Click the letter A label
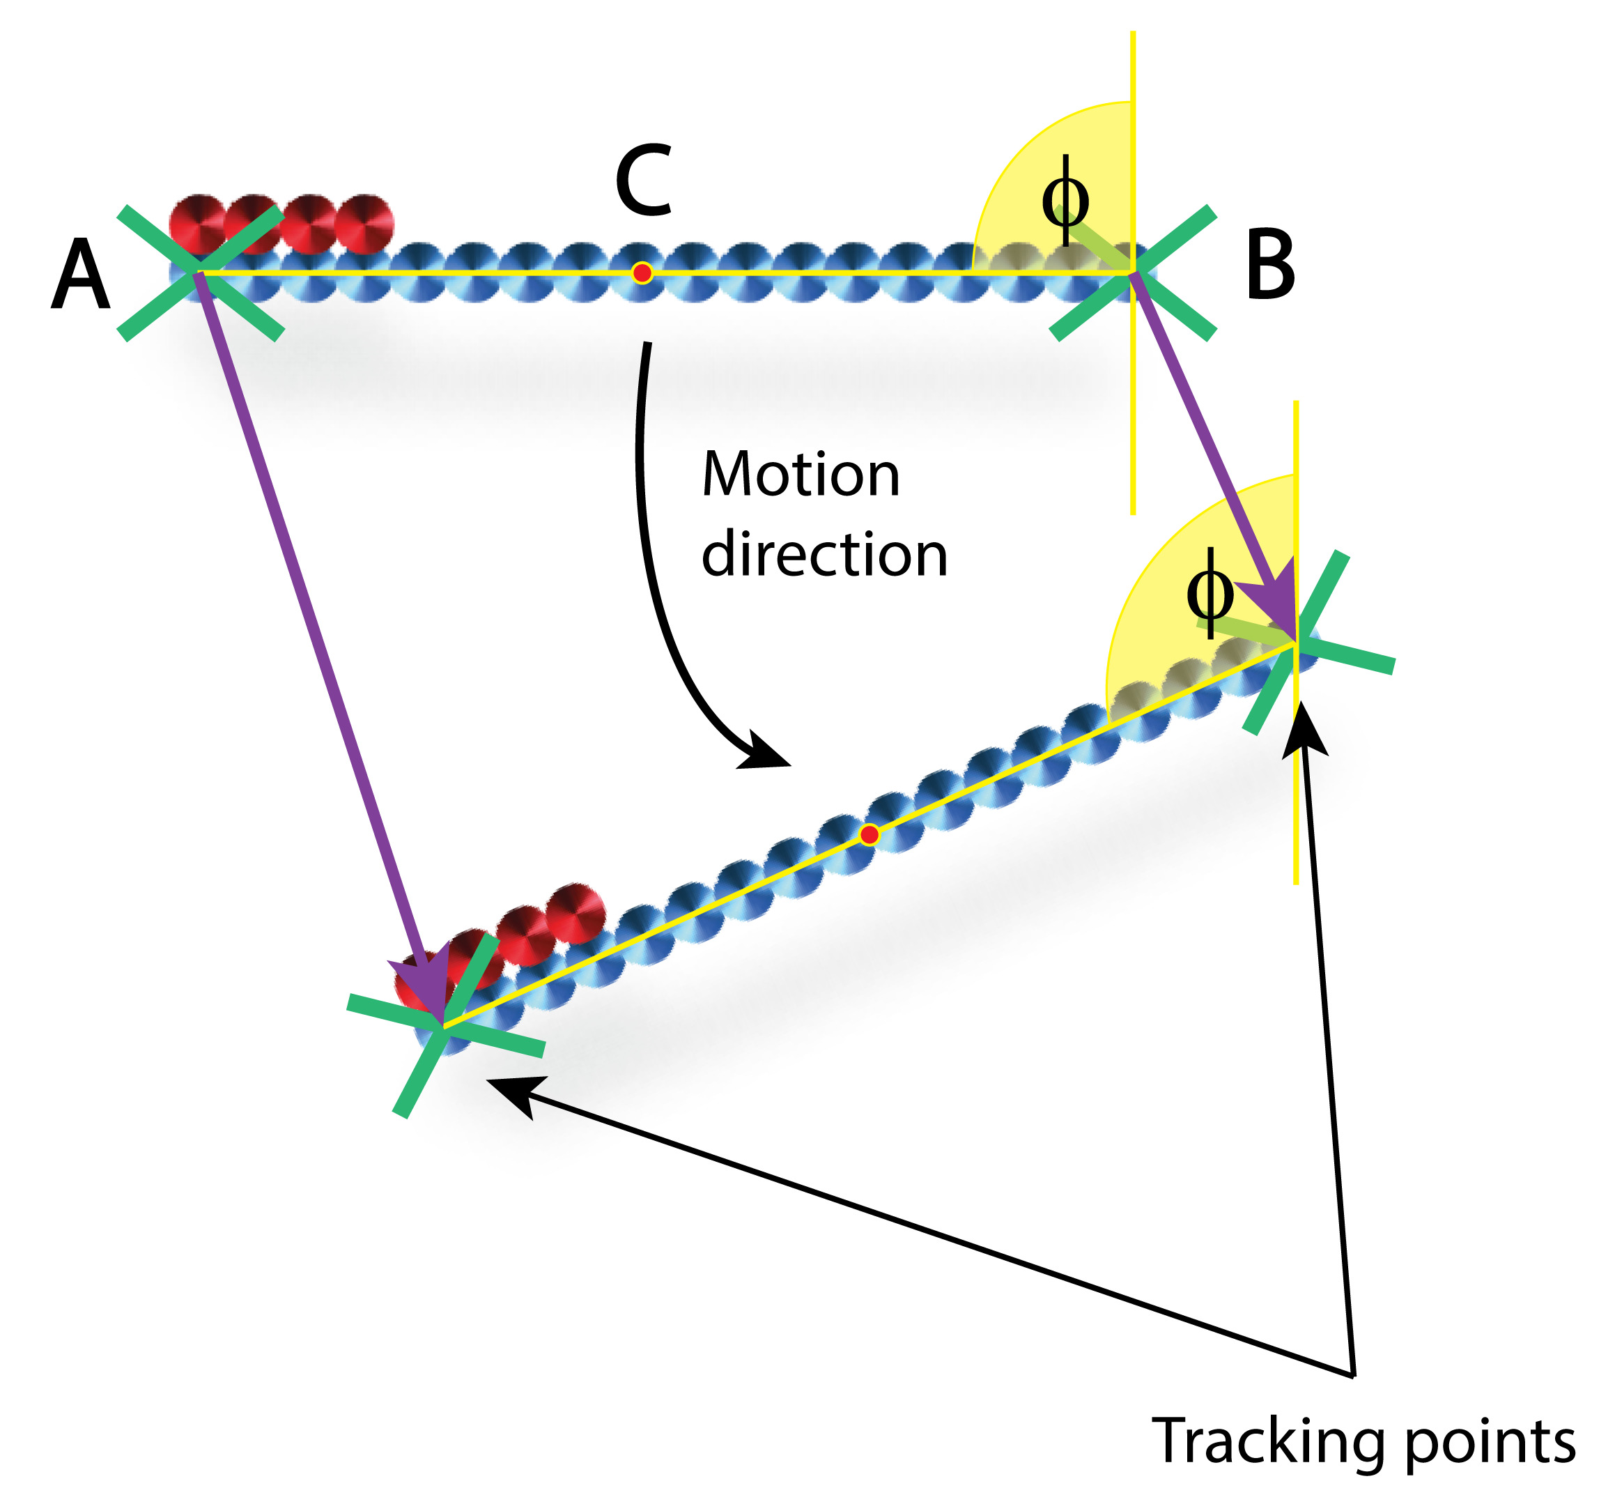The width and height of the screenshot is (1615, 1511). click(x=80, y=275)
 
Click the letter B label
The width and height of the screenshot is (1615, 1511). click(x=1269, y=265)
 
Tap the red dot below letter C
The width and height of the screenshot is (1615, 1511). click(x=642, y=273)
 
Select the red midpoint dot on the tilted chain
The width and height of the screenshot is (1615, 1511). click(x=870, y=835)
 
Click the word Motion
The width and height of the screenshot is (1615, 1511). click(x=801, y=475)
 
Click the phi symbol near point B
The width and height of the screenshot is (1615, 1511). click(x=1065, y=201)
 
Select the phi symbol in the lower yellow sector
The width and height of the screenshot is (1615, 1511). click(x=1210, y=593)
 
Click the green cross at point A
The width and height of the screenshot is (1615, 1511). click(x=200, y=273)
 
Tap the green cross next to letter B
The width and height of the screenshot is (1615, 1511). click(x=1134, y=273)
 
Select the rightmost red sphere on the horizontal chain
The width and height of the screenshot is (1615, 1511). click(x=364, y=224)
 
